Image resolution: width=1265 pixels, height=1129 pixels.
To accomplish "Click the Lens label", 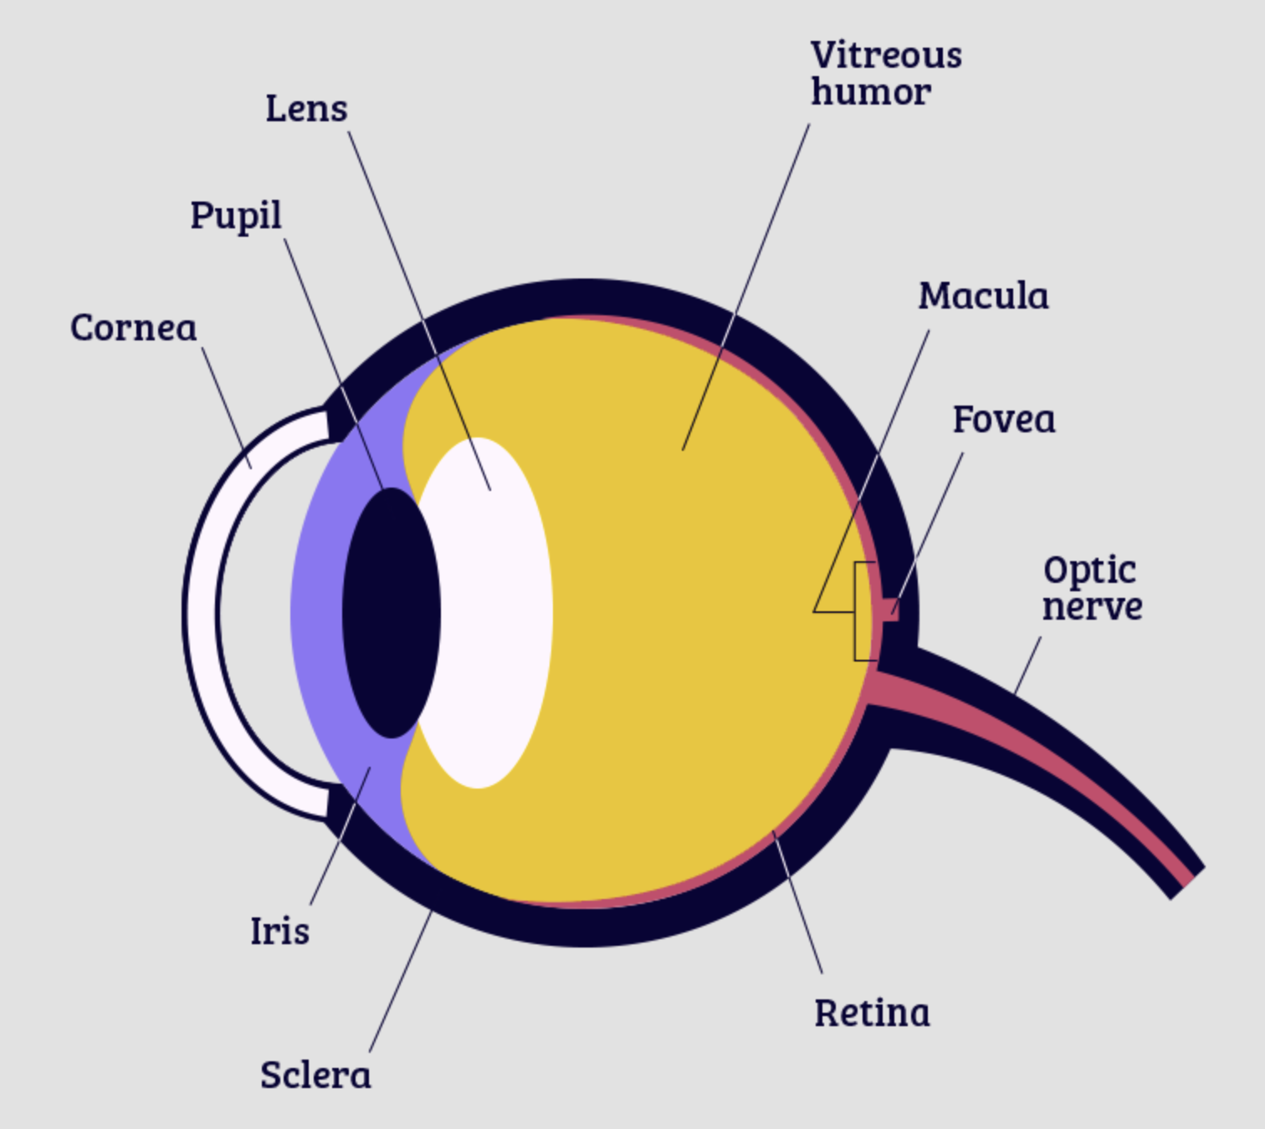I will coord(306,109).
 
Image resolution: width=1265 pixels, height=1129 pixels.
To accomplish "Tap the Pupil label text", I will coord(235,217).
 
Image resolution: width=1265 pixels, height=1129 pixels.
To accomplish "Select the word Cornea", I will coord(133,327).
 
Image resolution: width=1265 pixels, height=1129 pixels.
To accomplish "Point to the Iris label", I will coord(279,931).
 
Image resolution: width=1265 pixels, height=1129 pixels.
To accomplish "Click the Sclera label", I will coord(315,1075).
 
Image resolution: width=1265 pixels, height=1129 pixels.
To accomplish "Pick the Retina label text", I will coord(872,1013).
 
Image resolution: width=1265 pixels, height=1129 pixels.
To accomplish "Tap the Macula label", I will coord(983,296).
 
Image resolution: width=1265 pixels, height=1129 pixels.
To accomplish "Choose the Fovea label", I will coord(1004,420).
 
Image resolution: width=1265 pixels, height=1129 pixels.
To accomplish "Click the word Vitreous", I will coord(886,56).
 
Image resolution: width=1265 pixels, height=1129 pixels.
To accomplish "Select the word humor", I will coord(870,93).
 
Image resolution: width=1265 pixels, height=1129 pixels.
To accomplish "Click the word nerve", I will coord(1092,606).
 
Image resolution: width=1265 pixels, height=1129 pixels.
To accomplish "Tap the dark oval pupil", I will coord(391,613).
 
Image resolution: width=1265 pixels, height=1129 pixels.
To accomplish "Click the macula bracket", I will coord(857,611).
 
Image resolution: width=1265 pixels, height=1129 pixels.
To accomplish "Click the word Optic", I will coord(1089,570).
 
